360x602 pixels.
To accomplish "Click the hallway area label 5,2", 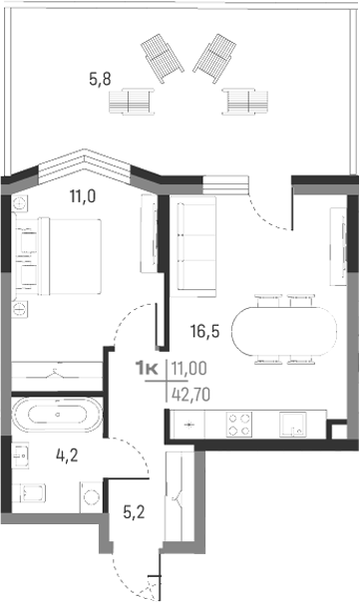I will click(x=121, y=513).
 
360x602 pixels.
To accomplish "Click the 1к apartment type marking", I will click(x=149, y=368).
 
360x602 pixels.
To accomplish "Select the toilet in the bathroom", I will click(x=32, y=492).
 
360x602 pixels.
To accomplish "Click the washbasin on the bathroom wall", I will click(x=23, y=454).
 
